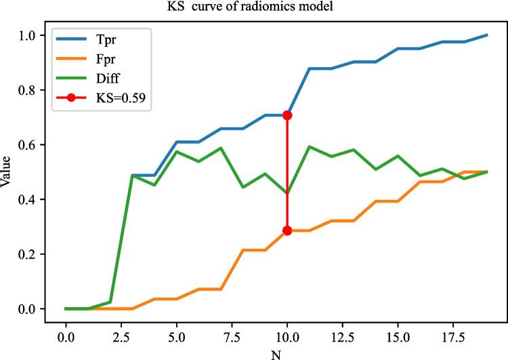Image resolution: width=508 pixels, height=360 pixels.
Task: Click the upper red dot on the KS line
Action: tap(287, 115)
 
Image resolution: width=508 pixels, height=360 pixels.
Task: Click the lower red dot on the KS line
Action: tap(287, 231)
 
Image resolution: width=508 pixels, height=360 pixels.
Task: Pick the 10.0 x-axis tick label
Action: tap(287, 335)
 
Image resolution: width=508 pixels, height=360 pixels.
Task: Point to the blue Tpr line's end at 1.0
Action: tap(486, 35)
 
